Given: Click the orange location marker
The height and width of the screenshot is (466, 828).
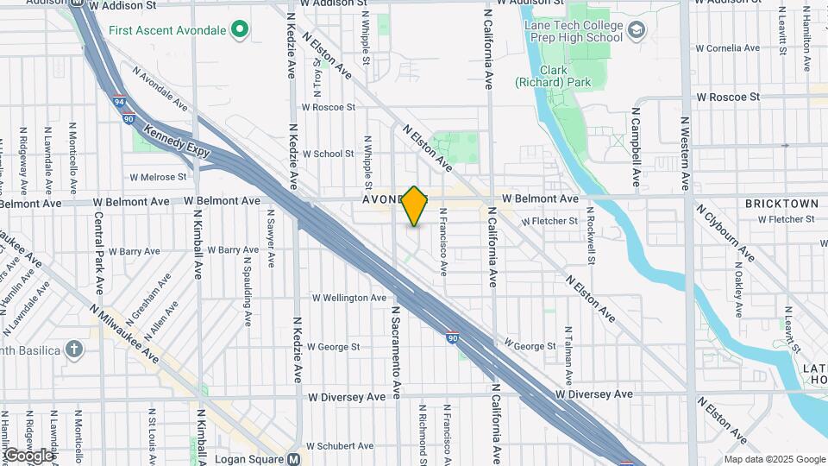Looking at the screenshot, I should [415, 206].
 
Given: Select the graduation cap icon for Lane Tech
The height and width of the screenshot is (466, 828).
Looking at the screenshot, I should [637, 32].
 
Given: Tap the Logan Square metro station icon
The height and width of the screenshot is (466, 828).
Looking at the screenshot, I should [294, 459].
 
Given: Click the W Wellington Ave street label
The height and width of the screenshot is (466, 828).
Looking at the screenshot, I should [349, 298].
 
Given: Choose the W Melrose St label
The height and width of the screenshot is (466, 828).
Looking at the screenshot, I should [158, 177].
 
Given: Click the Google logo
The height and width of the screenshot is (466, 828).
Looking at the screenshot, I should [28, 456].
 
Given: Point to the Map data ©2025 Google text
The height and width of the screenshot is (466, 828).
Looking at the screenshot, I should [775, 459].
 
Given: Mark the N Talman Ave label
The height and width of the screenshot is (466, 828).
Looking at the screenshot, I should [568, 355].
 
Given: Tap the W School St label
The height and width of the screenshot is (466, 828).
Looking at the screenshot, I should [328, 154].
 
